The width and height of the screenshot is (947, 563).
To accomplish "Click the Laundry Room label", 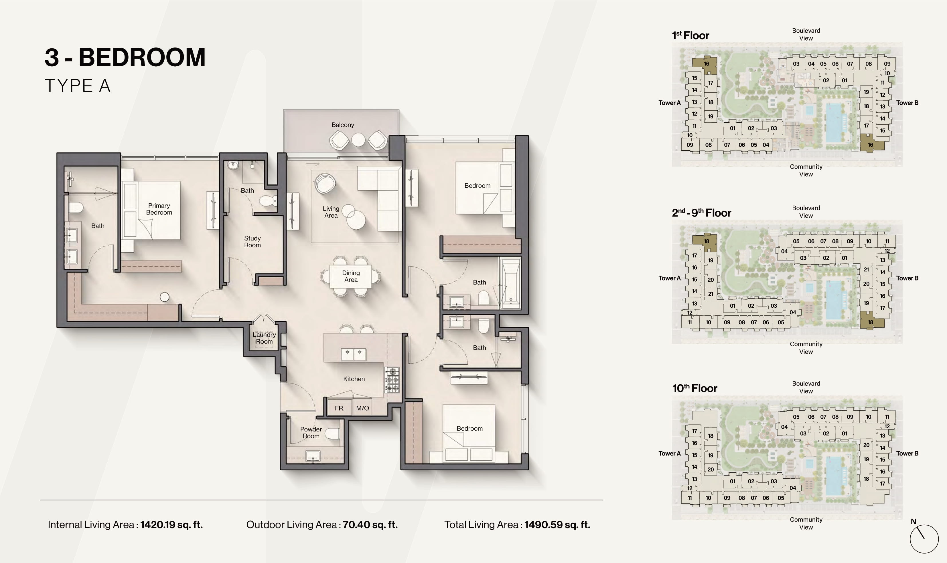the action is (264, 338).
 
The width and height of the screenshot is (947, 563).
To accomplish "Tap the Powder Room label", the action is (311, 433).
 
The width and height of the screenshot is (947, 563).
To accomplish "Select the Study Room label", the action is (252, 242).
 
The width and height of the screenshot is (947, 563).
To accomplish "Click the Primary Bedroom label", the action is (159, 209).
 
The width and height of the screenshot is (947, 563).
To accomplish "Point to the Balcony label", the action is (342, 125).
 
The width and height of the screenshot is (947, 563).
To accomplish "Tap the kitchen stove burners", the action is (392, 380).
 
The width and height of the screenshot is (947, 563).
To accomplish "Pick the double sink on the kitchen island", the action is (354, 354).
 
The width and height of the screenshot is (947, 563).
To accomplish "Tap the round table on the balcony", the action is (358, 140).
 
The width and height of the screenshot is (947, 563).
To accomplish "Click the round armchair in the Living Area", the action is (325, 183).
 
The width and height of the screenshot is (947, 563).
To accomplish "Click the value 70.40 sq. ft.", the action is (370, 525).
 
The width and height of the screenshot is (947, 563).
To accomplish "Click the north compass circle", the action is (924, 539).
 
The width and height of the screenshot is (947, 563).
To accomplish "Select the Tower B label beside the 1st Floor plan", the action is (907, 103).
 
